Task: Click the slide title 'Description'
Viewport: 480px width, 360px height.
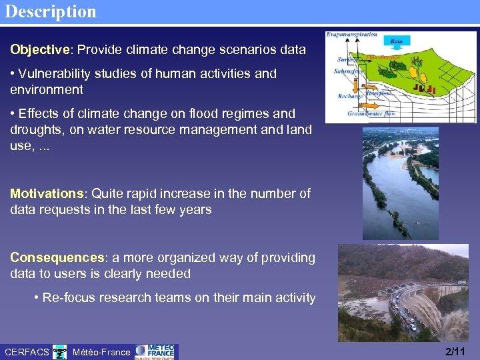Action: (x=50, y=12)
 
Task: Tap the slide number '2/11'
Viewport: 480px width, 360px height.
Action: (x=455, y=351)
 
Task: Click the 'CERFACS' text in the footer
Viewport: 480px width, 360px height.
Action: (x=27, y=352)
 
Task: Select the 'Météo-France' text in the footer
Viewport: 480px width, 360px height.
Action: (x=101, y=352)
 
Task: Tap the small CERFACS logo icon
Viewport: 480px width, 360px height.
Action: (x=60, y=351)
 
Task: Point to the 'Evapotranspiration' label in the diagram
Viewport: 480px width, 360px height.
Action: (x=352, y=35)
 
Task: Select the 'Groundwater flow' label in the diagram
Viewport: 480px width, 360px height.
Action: (x=371, y=113)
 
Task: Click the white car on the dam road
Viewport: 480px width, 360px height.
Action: (x=411, y=326)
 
